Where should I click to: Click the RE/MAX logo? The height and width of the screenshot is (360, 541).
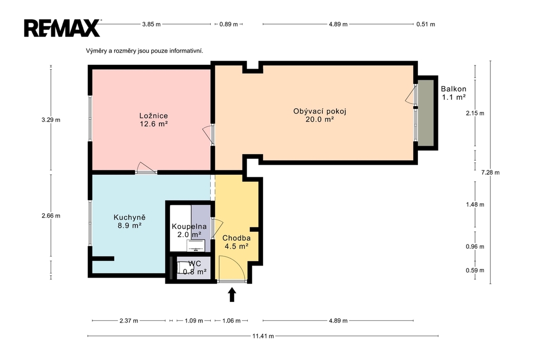coord(62,28)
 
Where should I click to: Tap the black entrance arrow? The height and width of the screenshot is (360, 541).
coord(232,295)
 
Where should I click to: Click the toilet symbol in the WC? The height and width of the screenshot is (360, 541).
coord(184,268)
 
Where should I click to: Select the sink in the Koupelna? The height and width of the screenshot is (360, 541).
coord(195,246)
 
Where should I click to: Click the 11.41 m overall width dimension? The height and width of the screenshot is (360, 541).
coord(263,336)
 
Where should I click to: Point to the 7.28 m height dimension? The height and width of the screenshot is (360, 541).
coord(490,173)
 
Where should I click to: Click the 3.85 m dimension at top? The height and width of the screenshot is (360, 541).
coord(151,24)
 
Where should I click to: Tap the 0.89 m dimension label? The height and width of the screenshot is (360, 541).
coord(228,24)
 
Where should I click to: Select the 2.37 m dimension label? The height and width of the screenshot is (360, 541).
coord(129,321)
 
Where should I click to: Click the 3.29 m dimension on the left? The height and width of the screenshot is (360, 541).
coord(51,120)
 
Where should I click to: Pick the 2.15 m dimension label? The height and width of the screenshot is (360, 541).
coord(475,113)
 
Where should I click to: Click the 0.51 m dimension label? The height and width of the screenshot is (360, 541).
coord(426,24)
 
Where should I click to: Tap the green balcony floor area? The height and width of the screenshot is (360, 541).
coord(426,113)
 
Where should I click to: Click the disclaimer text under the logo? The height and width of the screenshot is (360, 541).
coord(145,51)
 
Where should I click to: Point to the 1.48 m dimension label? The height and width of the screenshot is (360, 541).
coord(475,204)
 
